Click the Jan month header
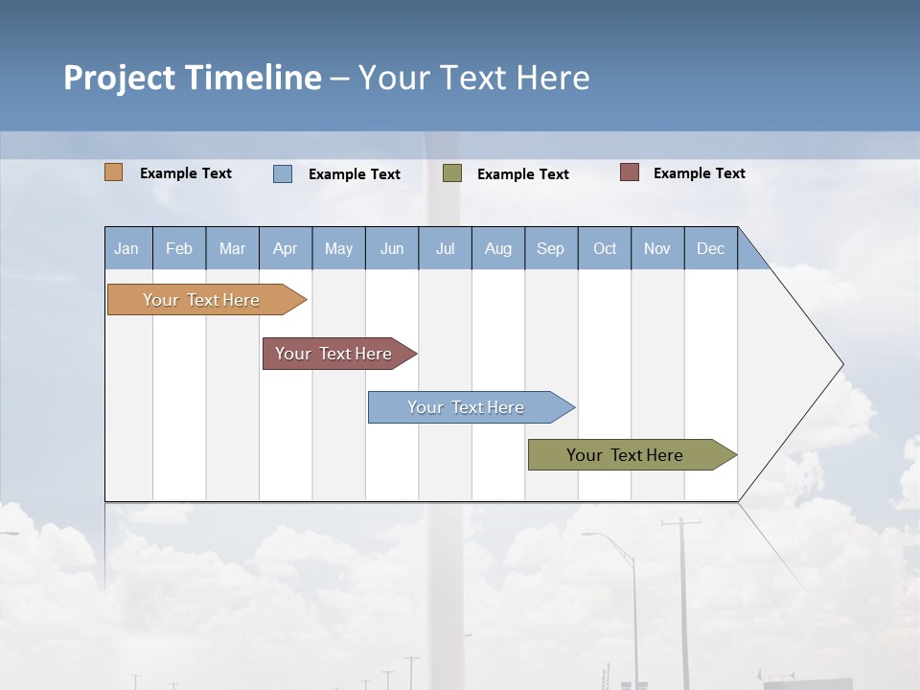click(126, 249)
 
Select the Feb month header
click(179, 249)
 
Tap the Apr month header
click(285, 249)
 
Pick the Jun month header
click(392, 249)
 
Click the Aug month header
click(498, 249)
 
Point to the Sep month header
click(550, 249)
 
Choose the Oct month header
click(605, 249)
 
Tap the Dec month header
click(711, 249)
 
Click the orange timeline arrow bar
click(201, 300)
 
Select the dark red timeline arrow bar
click(333, 354)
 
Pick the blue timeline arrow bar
click(466, 407)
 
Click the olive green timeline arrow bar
click(625, 455)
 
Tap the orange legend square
click(113, 172)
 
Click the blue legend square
click(282, 173)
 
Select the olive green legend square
click(452, 172)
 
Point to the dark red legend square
click(630, 172)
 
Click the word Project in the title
click(118, 78)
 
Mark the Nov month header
click(657, 249)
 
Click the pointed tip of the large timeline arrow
click(840, 364)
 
